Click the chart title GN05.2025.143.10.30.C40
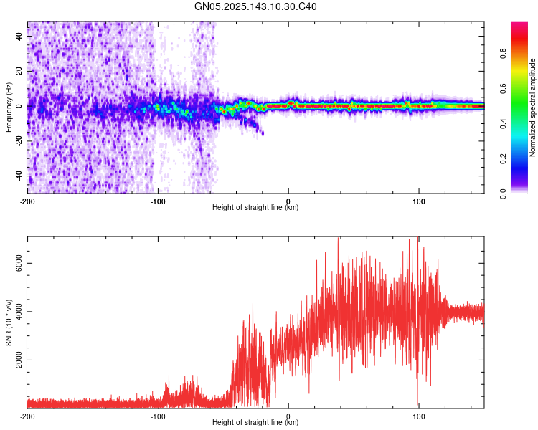tap(256, 6)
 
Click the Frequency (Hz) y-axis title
tap(9, 107)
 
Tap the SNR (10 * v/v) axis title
tap(9, 322)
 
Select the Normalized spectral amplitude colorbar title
tap(533, 107)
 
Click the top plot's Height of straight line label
tap(255, 208)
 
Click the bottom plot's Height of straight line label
tap(255, 423)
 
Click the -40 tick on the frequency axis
tap(18, 176)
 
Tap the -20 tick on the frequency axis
tap(18, 141)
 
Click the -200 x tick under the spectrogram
tap(27, 201)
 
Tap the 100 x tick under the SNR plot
tap(419, 416)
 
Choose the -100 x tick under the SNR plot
tap(158, 416)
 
